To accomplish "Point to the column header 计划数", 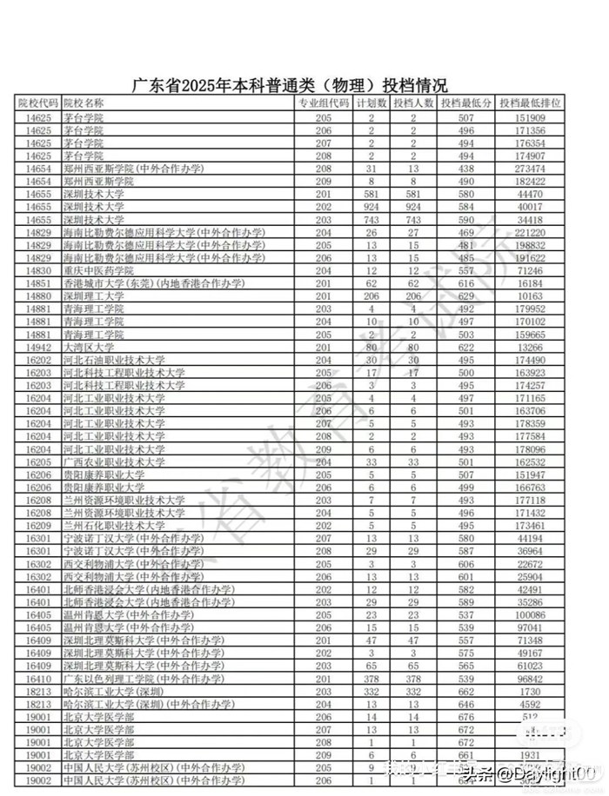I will (x=371, y=103).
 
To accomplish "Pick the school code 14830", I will (x=39, y=271).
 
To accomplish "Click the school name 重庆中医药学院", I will (x=99, y=271).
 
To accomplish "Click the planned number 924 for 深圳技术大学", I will (x=371, y=207).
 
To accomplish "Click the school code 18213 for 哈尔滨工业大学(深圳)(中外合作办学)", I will (x=39, y=705).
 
